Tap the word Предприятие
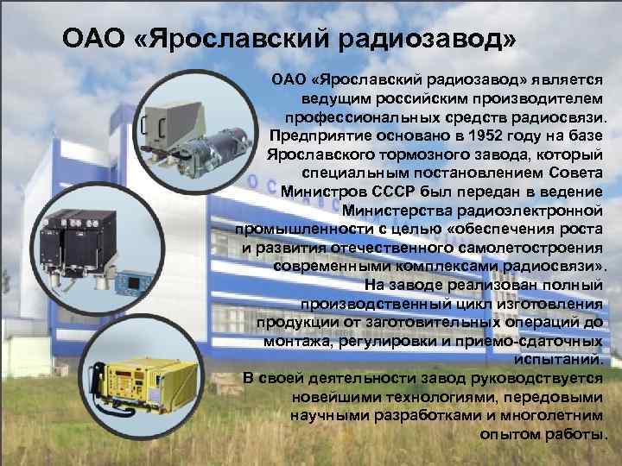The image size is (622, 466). [316, 136]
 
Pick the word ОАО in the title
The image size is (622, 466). [92, 40]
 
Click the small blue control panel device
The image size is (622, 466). [133, 282]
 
